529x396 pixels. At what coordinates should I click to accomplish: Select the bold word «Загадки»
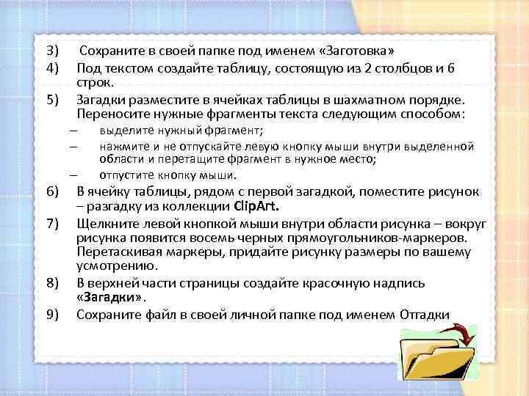coord(111,298)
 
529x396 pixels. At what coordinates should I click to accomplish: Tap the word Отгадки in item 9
coord(425,315)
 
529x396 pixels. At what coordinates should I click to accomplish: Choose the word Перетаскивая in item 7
coord(115,253)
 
